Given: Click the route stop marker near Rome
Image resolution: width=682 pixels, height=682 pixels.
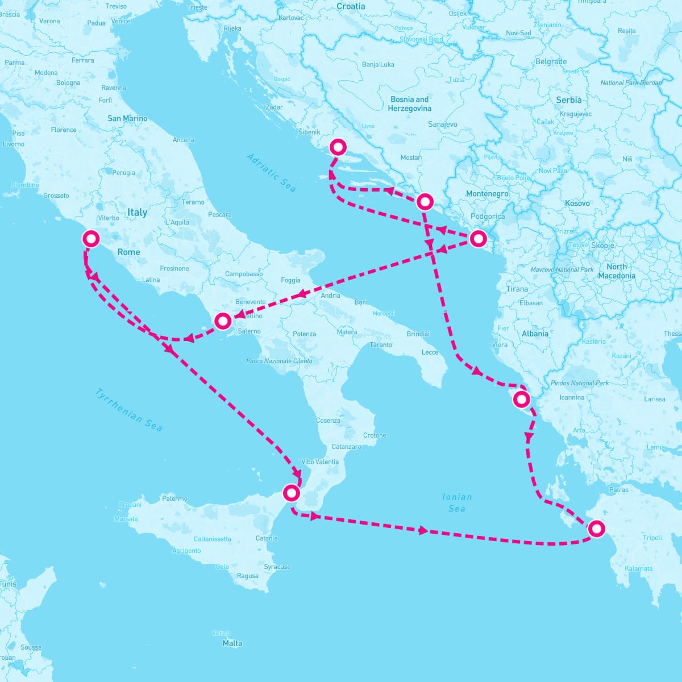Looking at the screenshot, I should (x=91, y=238).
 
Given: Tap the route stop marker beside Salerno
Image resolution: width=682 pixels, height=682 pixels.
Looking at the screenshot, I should (x=223, y=321).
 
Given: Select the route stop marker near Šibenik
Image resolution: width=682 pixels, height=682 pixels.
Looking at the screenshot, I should (x=338, y=147).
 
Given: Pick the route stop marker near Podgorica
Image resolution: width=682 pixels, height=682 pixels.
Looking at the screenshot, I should (x=478, y=239).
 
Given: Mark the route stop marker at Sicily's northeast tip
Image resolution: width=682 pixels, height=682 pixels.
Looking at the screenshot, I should (x=290, y=492).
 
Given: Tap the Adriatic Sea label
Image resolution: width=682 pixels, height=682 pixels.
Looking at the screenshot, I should (x=271, y=172).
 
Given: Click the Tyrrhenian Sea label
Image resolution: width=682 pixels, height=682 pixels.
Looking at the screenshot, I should (x=128, y=410).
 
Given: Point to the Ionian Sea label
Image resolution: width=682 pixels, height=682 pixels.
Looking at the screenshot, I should (x=457, y=502).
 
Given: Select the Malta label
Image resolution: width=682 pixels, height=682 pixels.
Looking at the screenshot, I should (x=232, y=643).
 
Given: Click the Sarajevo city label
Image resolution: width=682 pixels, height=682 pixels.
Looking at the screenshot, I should (x=443, y=124).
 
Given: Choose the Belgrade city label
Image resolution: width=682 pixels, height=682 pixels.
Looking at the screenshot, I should (x=551, y=61).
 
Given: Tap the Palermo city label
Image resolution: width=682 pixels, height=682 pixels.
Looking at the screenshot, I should (x=174, y=498).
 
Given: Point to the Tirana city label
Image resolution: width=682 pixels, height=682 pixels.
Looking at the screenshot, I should (x=517, y=289).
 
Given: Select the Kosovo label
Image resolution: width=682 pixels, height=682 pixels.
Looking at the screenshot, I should (x=577, y=203).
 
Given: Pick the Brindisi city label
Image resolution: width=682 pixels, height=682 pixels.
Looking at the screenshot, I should (x=418, y=334).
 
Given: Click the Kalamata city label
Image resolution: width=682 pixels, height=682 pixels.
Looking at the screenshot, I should (x=638, y=568).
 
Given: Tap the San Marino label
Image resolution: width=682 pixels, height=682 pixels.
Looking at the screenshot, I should (x=127, y=119).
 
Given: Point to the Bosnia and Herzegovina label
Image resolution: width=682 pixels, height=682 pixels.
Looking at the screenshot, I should (x=409, y=103).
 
